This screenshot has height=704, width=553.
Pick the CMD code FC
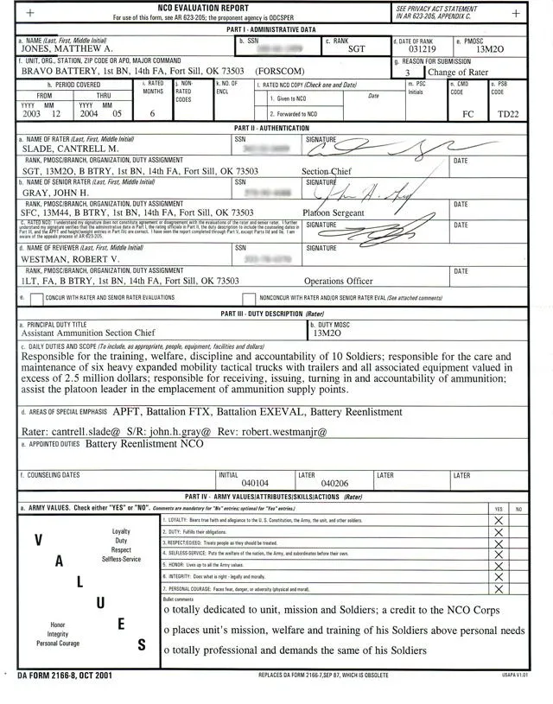point(468,114)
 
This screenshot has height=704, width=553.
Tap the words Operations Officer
point(339,282)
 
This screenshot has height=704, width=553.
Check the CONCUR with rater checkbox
point(36,297)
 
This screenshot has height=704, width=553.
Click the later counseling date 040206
point(334,484)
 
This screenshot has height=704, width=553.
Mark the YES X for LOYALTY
point(498,521)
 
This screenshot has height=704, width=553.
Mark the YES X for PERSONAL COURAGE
point(498,587)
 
